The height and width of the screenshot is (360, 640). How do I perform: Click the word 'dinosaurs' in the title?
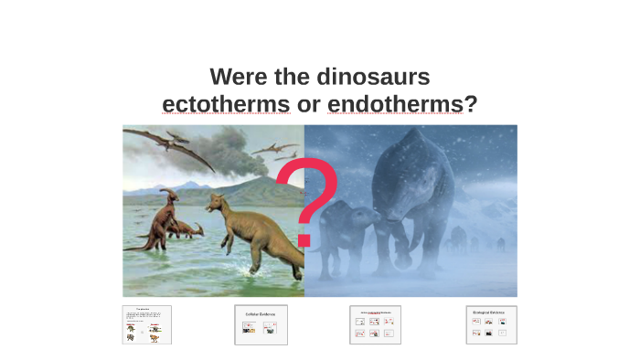[x=372, y=77]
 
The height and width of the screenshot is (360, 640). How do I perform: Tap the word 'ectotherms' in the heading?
[x=226, y=104]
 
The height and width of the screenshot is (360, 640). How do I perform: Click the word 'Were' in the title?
[x=240, y=77]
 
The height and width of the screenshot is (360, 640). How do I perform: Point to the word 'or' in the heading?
[x=308, y=104]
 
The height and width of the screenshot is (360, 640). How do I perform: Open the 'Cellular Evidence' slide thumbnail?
[x=261, y=324]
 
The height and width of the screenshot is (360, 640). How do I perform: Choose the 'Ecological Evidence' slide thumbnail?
[x=491, y=324]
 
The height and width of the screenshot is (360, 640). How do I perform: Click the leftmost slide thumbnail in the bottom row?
[x=147, y=324]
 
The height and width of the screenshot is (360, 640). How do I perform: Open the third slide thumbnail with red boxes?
[x=375, y=324]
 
